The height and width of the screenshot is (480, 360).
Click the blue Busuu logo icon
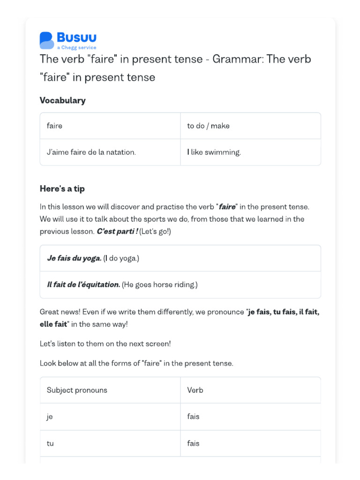[x=47, y=40]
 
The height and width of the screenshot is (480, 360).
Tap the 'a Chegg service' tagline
[x=76, y=48]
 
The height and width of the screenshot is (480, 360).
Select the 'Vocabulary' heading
[x=63, y=100]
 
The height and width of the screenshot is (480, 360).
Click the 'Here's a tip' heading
[x=62, y=188]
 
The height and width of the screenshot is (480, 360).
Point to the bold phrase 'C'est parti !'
[x=117, y=232]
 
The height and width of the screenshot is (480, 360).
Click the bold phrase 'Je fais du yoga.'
[x=74, y=258]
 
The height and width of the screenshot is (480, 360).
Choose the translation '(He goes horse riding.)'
[x=160, y=285]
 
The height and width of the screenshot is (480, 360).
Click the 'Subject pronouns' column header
[x=77, y=390]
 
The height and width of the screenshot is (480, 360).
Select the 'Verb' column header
[x=195, y=390]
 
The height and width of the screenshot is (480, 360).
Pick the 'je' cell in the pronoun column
[x=50, y=417]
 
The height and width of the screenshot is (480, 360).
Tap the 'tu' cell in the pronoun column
[x=50, y=443]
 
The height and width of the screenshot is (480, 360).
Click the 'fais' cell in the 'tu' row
[x=193, y=443]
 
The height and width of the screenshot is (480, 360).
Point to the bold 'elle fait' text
[x=53, y=324]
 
